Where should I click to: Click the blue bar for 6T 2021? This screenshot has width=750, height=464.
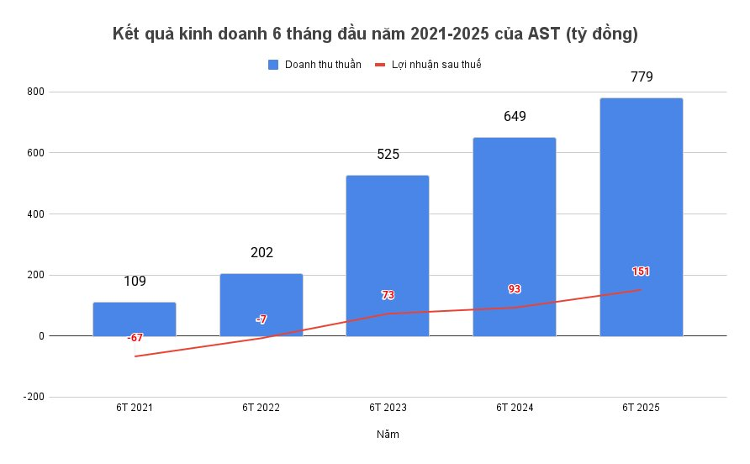click(135, 319)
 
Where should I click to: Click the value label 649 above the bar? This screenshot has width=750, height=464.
click(515, 116)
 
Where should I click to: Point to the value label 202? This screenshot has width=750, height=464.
click(261, 252)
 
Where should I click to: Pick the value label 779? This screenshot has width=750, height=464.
click(641, 76)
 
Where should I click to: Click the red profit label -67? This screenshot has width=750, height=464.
click(135, 337)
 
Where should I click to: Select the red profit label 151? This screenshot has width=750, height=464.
click(641, 272)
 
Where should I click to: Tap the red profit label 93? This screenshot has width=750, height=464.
click(515, 289)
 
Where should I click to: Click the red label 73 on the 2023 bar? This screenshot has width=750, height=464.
click(388, 295)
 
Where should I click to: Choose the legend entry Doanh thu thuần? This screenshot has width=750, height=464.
click(323, 65)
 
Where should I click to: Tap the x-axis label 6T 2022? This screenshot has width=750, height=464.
click(261, 408)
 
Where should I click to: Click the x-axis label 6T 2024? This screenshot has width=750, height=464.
click(515, 408)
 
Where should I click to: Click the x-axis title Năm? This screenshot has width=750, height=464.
click(388, 435)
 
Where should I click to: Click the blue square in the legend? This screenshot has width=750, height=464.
click(273, 65)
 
